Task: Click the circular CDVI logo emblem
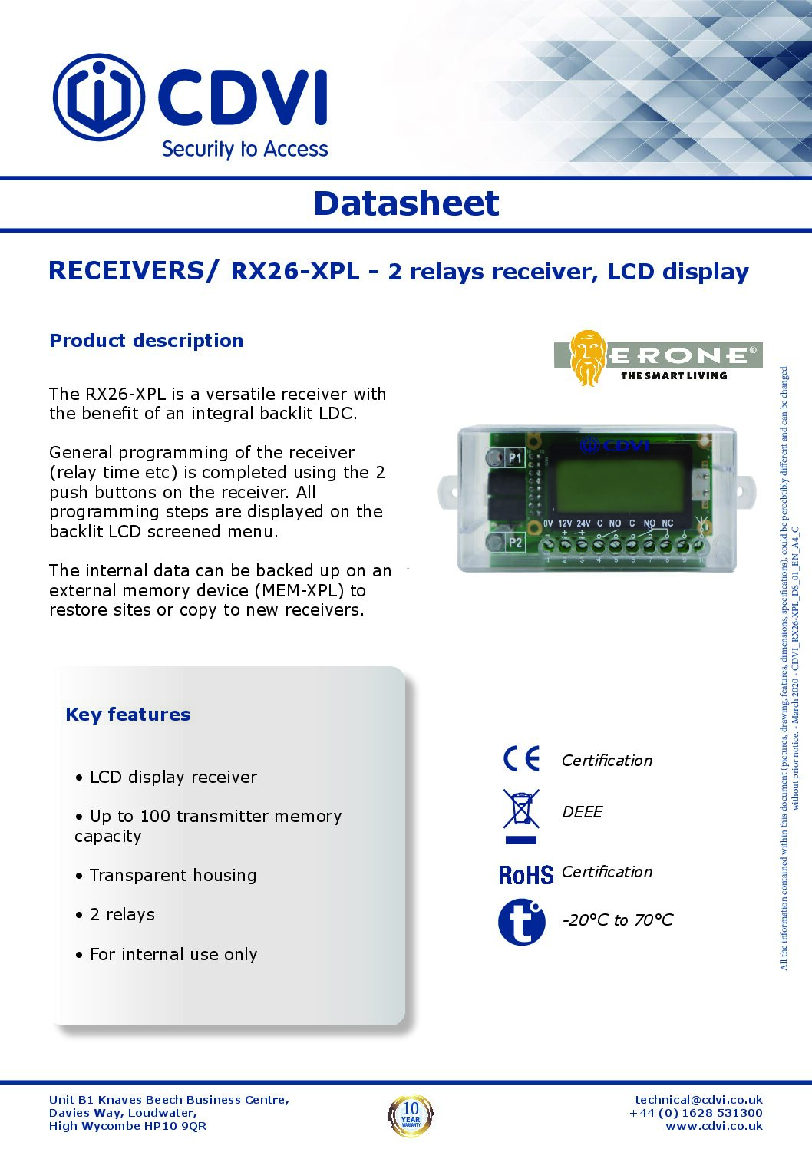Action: [x=98, y=97]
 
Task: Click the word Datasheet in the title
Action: [x=406, y=203]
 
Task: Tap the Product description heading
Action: [x=146, y=341]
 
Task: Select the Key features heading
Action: [x=128, y=715]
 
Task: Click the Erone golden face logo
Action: [x=588, y=358]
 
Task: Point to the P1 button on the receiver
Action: [x=495, y=458]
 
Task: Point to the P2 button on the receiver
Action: [x=496, y=542]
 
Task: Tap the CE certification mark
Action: [x=522, y=758]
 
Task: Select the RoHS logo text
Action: [x=526, y=874]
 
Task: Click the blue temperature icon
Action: [x=522, y=921]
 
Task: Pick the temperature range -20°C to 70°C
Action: [x=618, y=920]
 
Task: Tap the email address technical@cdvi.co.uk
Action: [x=698, y=1100]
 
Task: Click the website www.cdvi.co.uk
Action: [x=714, y=1126]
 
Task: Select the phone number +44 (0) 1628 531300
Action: [x=696, y=1113]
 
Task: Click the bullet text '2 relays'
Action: [x=122, y=915]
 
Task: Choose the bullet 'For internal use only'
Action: [x=173, y=955]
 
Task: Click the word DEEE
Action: [x=583, y=812]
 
